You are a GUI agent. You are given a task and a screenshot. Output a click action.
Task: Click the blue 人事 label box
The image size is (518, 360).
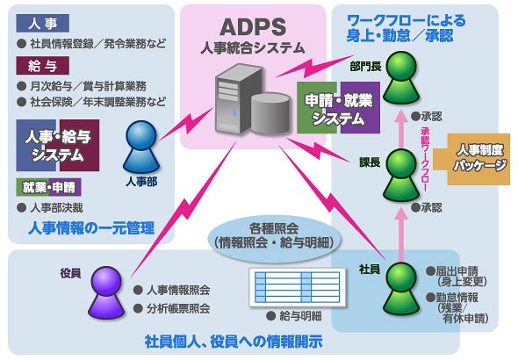[43, 23]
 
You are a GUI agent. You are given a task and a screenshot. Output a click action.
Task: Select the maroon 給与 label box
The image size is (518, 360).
[43, 65]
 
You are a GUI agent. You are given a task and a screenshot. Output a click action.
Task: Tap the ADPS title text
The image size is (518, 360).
[253, 27]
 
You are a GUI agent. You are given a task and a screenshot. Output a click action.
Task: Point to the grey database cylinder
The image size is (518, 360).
[270, 113]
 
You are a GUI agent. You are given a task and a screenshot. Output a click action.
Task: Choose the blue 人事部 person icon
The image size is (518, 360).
[141, 147]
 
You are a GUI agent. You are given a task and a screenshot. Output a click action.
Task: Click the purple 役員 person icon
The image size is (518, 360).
[106, 292]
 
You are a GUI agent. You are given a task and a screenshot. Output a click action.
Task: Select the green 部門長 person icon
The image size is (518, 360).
[401, 77]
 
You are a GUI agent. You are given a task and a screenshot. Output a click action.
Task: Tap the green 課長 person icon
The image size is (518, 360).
[401, 175]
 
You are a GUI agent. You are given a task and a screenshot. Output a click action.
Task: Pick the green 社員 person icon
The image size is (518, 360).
[401, 289]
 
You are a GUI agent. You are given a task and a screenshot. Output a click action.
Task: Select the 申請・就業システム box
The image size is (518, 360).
[338, 108]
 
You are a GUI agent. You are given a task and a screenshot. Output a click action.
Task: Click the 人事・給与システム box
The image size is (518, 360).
[58, 146]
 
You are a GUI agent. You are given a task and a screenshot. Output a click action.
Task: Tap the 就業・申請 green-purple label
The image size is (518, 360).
[48, 187]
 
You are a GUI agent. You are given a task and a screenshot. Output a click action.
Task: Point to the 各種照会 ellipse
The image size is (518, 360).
[274, 236]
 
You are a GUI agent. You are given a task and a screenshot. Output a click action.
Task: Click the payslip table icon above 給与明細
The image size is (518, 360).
[297, 287]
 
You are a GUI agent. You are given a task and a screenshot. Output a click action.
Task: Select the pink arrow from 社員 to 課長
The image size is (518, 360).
[401, 234]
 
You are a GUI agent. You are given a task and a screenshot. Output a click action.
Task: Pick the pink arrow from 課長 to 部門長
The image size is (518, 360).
[401, 129]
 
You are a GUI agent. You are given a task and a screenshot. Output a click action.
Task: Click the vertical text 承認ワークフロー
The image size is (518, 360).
[425, 159]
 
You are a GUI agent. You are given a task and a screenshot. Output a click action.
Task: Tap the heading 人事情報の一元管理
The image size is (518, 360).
[91, 228]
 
